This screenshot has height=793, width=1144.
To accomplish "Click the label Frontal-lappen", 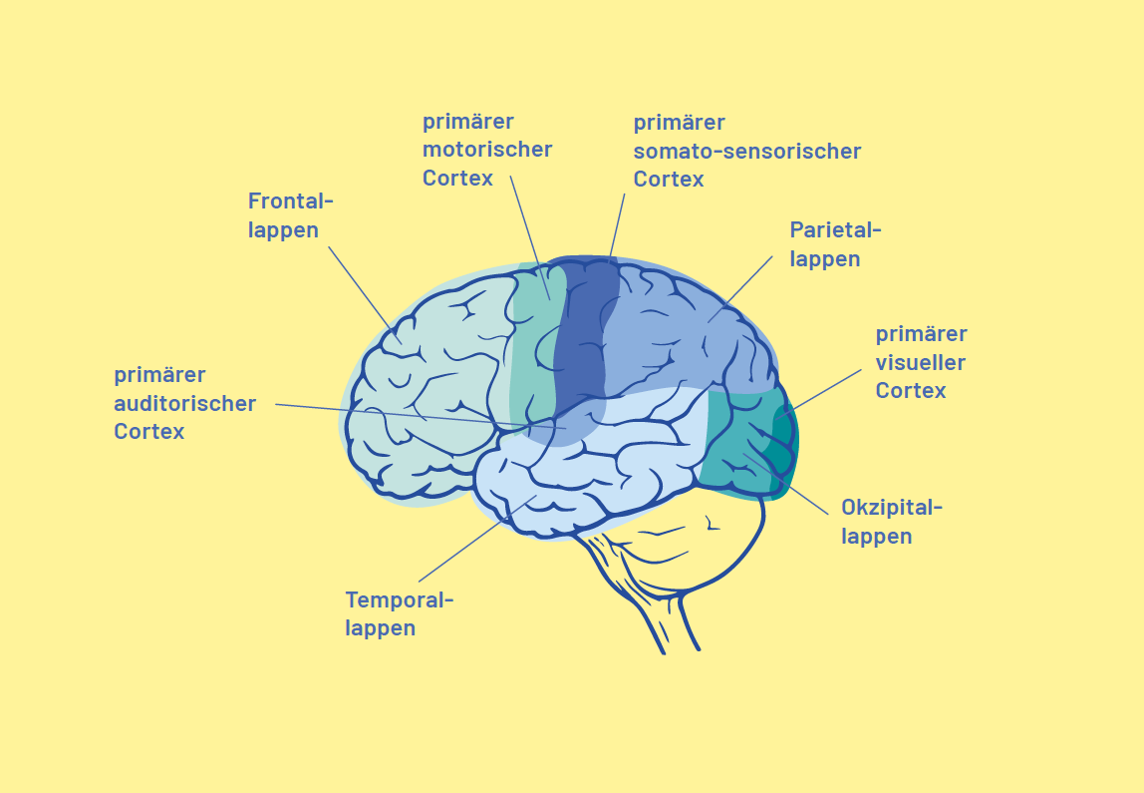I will click(290, 215).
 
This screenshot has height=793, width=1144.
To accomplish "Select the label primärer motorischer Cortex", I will click(486, 150).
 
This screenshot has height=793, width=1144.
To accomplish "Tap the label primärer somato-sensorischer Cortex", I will click(746, 151).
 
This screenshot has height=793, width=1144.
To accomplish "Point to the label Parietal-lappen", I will click(835, 244).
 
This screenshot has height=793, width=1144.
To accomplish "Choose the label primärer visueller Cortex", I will click(921, 362).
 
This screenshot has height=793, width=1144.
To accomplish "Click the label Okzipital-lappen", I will click(891, 522).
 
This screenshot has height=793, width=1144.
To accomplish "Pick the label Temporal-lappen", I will click(399, 614).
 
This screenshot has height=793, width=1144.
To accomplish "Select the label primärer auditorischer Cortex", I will click(184, 404).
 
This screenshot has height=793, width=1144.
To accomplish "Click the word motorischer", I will click(486, 150).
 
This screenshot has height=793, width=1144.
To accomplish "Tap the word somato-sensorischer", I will click(746, 152).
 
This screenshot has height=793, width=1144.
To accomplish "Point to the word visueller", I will click(920, 362).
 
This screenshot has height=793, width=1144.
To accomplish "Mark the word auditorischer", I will click(184, 404).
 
